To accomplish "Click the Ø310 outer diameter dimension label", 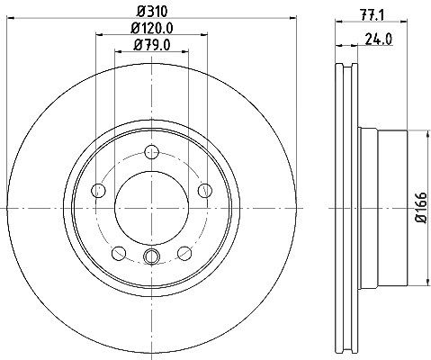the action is coord(152,12).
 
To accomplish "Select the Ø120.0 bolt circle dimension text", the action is coord(152,29).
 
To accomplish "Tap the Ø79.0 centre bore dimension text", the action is coord(152,45).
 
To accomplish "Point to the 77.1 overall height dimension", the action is coord(372,14).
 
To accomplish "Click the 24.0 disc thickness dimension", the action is coord(379,39).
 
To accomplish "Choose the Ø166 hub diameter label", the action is coord(422,207).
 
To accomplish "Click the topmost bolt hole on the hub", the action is coord(152,152).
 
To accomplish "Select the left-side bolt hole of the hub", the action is coord(98,191).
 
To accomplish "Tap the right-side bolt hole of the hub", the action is coord(205,191).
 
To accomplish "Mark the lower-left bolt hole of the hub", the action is coord(119,254).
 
